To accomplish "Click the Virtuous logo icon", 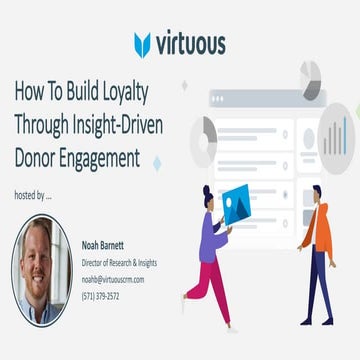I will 143,44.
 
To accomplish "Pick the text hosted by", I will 33,195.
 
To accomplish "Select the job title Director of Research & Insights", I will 119,262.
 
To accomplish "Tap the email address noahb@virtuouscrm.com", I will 113,280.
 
